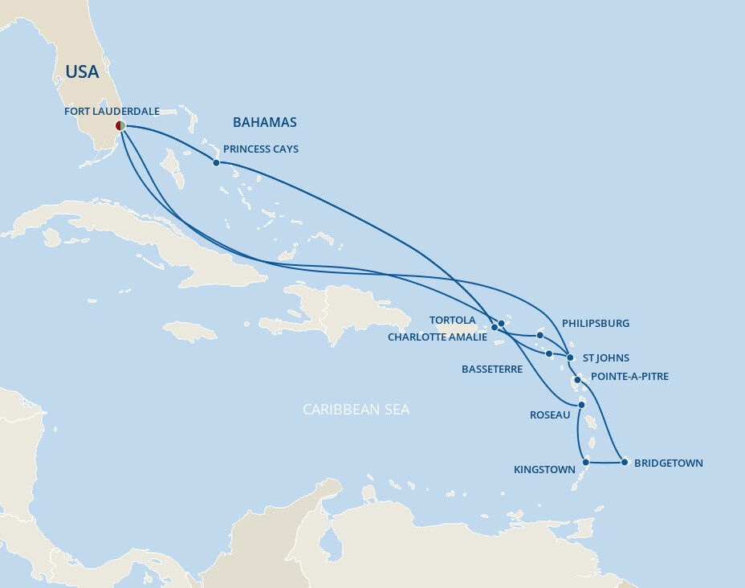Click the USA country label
82,72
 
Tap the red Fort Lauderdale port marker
120,125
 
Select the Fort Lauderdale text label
112,112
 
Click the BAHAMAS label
264,122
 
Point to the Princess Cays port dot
216,162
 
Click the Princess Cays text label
261,149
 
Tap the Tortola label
452,321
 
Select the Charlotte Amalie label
438,337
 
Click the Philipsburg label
596,324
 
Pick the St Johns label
606,358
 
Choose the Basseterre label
492,370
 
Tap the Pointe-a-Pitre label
629,376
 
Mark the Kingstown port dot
586,462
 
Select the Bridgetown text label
668,463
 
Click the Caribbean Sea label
356,410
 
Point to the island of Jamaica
190,330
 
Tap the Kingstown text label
544,469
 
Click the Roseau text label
551,415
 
